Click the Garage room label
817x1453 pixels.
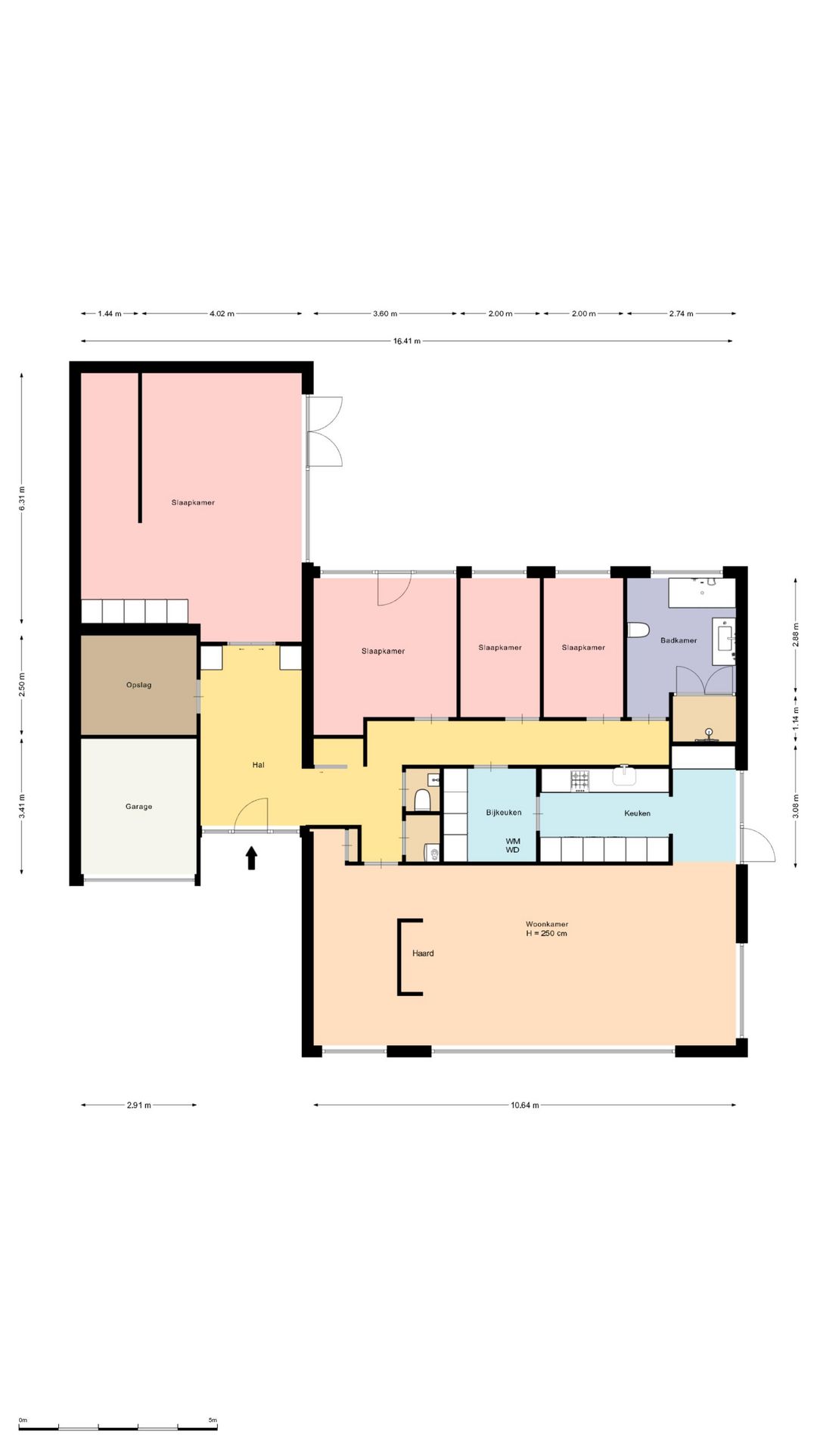coord(138,807)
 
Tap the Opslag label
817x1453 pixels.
coord(138,685)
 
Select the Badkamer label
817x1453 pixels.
coord(679,640)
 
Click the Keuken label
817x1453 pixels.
coord(637,814)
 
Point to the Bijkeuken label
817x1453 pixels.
coord(504,813)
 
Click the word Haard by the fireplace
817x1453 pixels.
coord(423,954)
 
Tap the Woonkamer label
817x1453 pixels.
coord(547,924)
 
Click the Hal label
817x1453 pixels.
coord(259,765)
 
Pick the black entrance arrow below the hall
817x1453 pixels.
coord(252,858)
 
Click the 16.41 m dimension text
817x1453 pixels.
coord(407,341)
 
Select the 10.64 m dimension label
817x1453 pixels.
coord(525,1105)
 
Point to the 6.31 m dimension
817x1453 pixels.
coord(22,498)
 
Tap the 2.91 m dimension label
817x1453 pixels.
coord(138,1105)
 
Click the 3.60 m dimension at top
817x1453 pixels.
coord(385,313)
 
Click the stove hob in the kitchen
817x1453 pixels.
coord(579,780)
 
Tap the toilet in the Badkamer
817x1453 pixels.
coord(639,630)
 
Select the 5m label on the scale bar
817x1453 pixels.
coord(213,1420)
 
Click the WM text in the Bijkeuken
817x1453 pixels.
coord(513,841)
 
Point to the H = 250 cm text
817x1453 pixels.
coord(547,933)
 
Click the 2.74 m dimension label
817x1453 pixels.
coord(681,313)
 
